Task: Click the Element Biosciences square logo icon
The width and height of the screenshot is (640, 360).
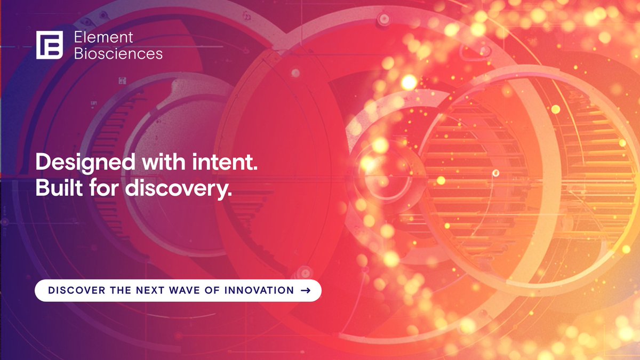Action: click(x=50, y=45)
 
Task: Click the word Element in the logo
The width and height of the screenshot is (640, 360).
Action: click(x=103, y=38)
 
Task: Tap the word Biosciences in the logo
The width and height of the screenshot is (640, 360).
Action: click(x=118, y=53)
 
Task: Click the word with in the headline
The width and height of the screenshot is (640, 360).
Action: click(x=164, y=162)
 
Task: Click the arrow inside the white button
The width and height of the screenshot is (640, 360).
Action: click(x=306, y=291)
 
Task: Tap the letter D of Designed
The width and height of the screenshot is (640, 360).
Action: click(x=43, y=162)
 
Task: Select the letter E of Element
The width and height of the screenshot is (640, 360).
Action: click(x=77, y=38)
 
